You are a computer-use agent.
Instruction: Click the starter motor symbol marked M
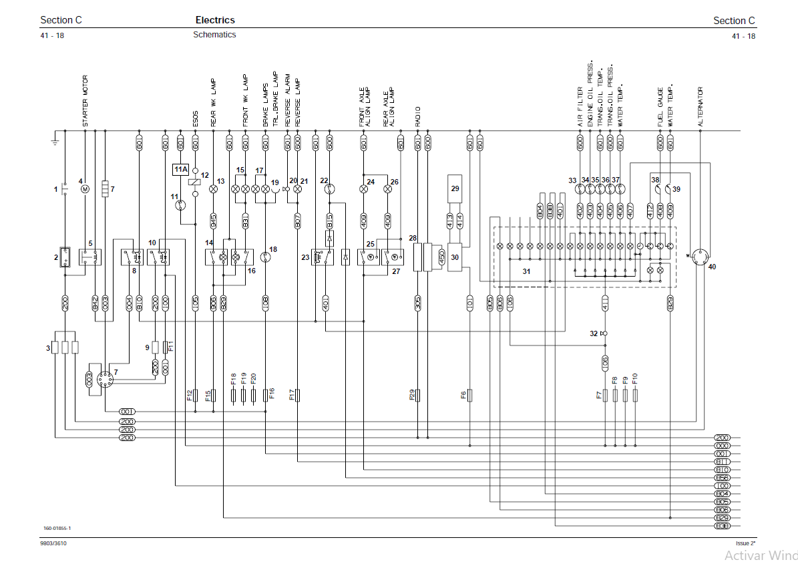(85, 189)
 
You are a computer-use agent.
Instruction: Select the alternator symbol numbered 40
(700, 256)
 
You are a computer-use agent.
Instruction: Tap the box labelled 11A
(181, 170)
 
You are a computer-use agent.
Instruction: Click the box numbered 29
(455, 189)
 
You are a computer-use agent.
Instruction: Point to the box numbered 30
(455, 257)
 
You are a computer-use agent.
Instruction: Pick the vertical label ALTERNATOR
(701, 107)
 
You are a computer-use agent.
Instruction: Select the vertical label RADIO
(418, 116)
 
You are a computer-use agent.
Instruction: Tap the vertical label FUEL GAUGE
(660, 107)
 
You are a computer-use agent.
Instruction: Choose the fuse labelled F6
(470, 395)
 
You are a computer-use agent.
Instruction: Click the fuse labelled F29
(418, 395)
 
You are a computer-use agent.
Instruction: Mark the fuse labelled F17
(298, 395)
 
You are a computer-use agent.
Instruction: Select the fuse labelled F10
(635, 395)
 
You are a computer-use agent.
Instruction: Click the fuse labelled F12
(196, 395)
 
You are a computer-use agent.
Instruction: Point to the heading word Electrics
(215, 21)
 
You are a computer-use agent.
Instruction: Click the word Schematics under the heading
(214, 35)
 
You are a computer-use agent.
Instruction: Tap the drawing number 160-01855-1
(57, 529)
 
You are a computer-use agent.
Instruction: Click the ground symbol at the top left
(55, 139)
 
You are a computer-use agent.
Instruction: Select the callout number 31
(526, 271)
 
